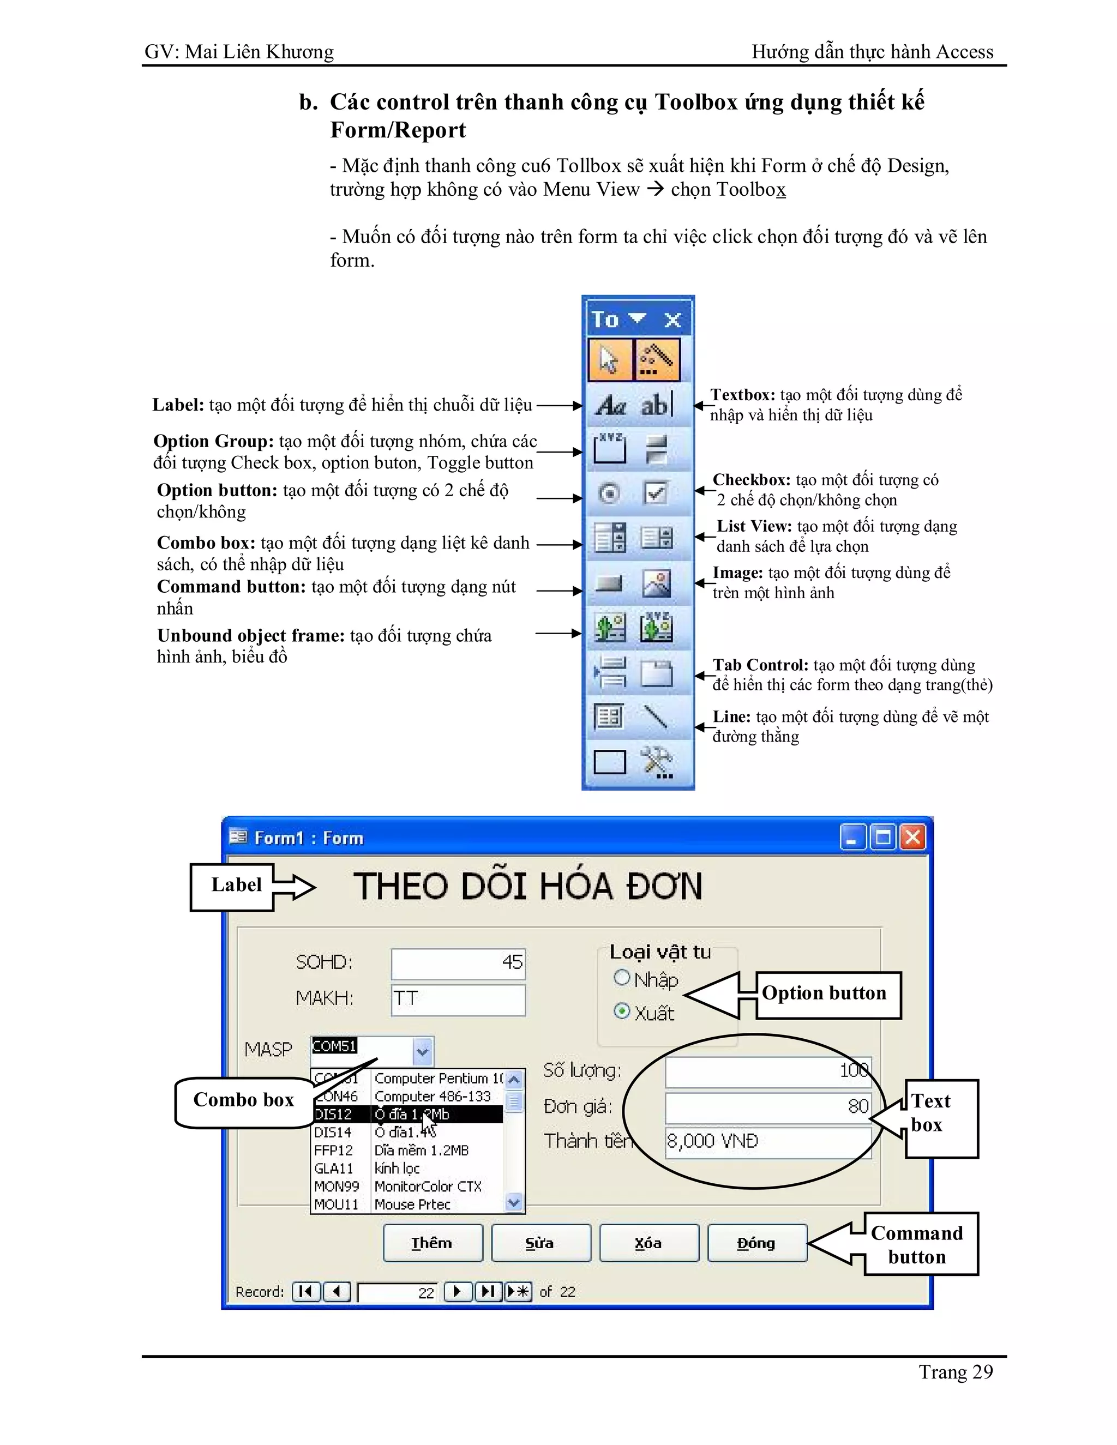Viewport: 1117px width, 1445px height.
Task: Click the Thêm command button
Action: click(433, 1243)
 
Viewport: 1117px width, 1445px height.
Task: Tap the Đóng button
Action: click(756, 1243)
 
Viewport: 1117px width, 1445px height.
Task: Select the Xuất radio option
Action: click(621, 1011)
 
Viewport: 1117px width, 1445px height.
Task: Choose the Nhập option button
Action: click(621, 977)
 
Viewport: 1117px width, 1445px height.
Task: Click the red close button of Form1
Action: click(912, 838)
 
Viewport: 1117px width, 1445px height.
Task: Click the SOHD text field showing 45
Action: click(458, 962)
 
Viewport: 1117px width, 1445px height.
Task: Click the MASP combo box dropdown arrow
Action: click(423, 1051)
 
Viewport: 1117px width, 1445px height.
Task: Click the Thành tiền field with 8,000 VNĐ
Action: click(767, 1141)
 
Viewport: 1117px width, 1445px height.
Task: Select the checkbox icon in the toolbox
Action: click(656, 493)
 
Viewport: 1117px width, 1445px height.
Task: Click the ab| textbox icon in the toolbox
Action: click(656, 404)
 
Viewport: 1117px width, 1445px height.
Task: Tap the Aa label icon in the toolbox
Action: click(609, 404)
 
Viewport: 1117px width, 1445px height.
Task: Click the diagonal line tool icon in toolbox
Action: click(656, 717)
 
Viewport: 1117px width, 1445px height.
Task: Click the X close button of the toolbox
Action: click(673, 320)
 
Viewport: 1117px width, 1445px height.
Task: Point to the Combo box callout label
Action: click(243, 1100)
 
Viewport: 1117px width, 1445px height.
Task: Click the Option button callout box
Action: click(824, 993)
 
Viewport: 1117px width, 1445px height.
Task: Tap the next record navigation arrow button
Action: click(457, 1291)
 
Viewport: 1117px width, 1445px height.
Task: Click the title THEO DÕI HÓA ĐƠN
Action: click(527, 887)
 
